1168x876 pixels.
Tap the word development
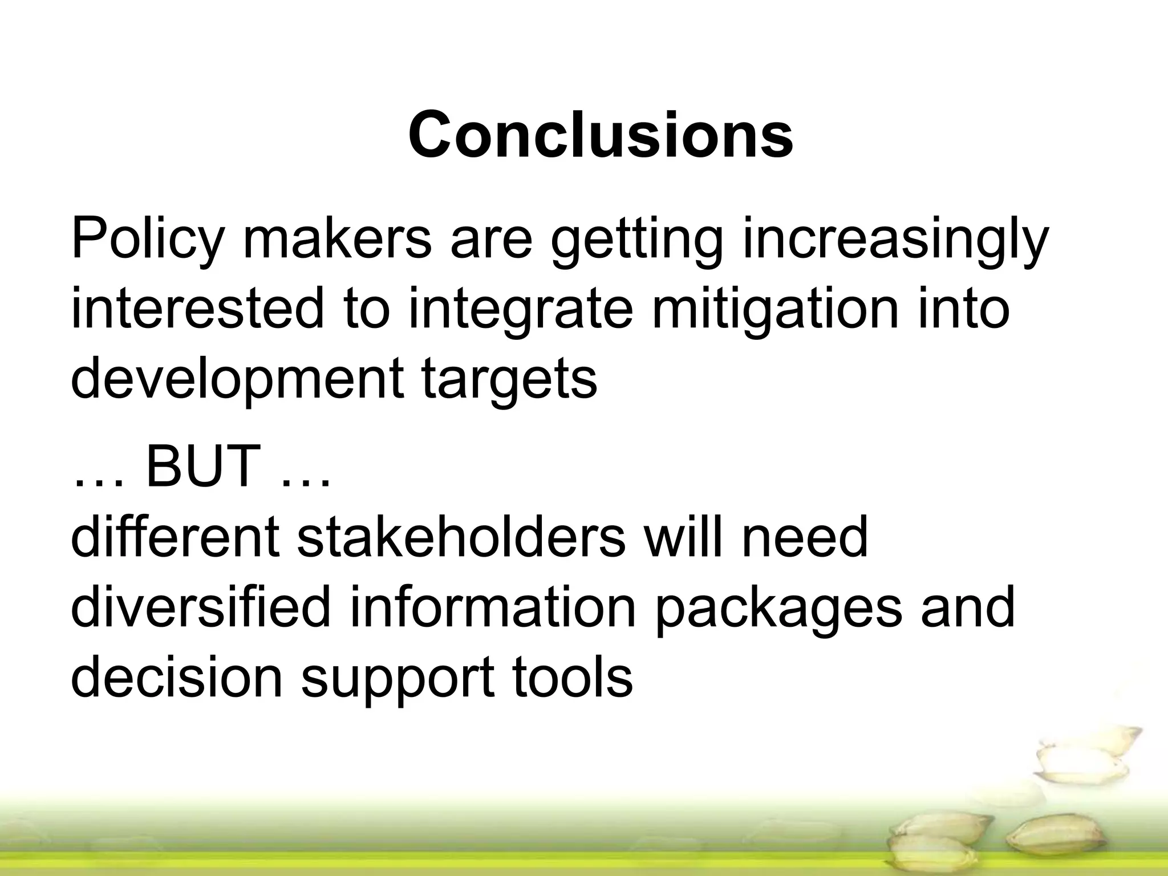(x=236, y=380)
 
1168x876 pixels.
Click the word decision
(x=177, y=677)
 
